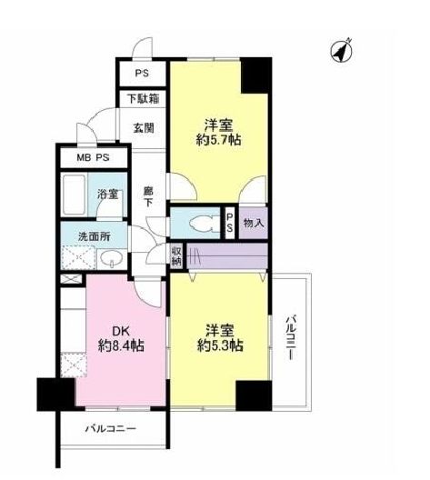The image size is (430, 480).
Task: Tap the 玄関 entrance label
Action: [x=143, y=128]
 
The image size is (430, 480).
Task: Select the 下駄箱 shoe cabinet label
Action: [x=143, y=98]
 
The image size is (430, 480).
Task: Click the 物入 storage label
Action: [x=254, y=223]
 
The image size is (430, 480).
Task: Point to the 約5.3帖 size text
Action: [x=219, y=346]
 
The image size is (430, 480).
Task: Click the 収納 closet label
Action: [x=177, y=256]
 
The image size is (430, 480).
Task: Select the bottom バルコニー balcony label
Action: [x=111, y=427]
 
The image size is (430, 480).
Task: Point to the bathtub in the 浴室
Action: [x=77, y=194]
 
